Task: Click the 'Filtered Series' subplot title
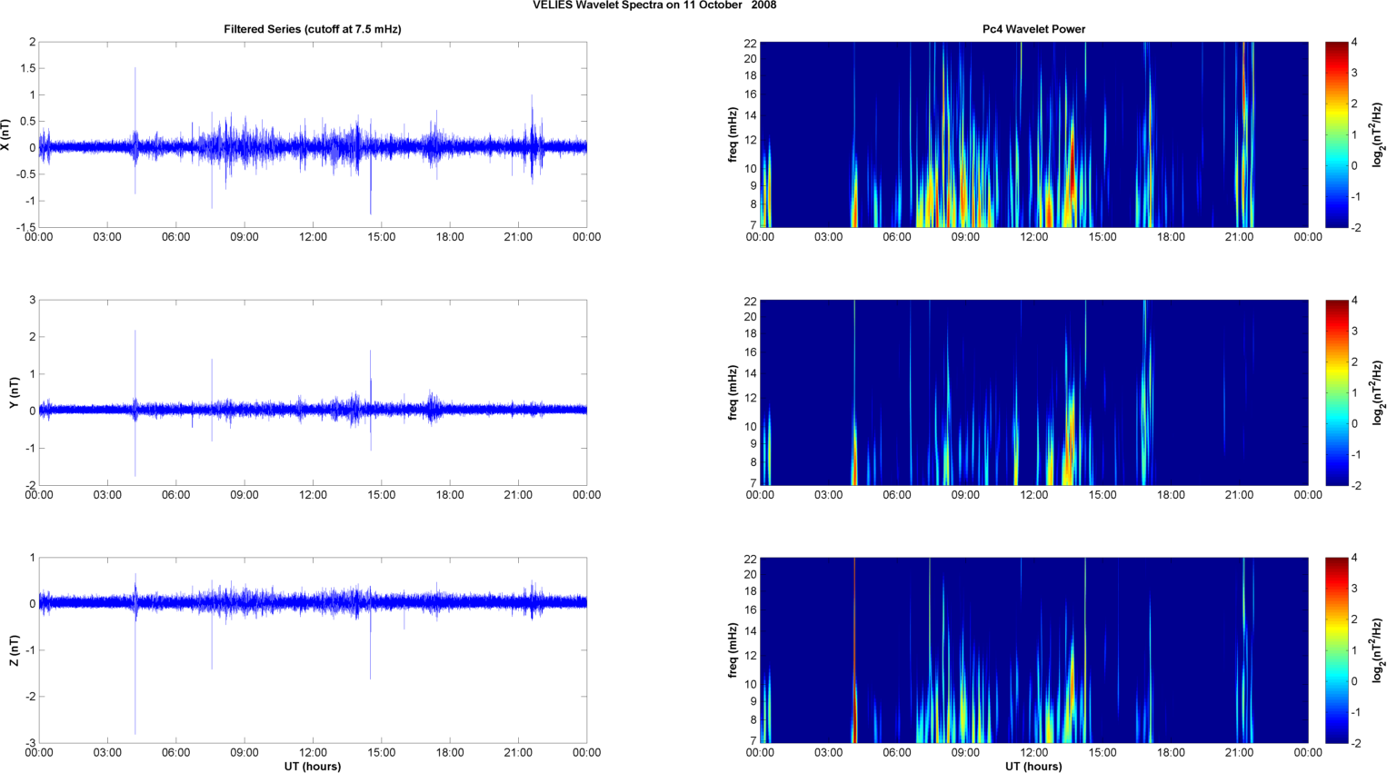point(312,29)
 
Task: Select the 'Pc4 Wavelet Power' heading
point(1033,29)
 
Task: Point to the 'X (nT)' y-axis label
point(7,134)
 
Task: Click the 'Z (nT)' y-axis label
point(14,650)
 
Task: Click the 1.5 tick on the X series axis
point(27,68)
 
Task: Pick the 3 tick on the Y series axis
point(33,300)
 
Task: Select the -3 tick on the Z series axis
point(29,743)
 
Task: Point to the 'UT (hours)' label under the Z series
point(312,767)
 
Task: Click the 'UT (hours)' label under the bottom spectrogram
point(1033,767)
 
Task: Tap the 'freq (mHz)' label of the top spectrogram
point(733,134)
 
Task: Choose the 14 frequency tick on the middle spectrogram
point(750,373)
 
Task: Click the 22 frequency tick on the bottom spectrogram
point(750,559)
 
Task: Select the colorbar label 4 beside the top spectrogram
point(1354,43)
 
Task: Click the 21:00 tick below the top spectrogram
point(1239,238)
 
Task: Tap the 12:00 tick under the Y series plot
point(313,495)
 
